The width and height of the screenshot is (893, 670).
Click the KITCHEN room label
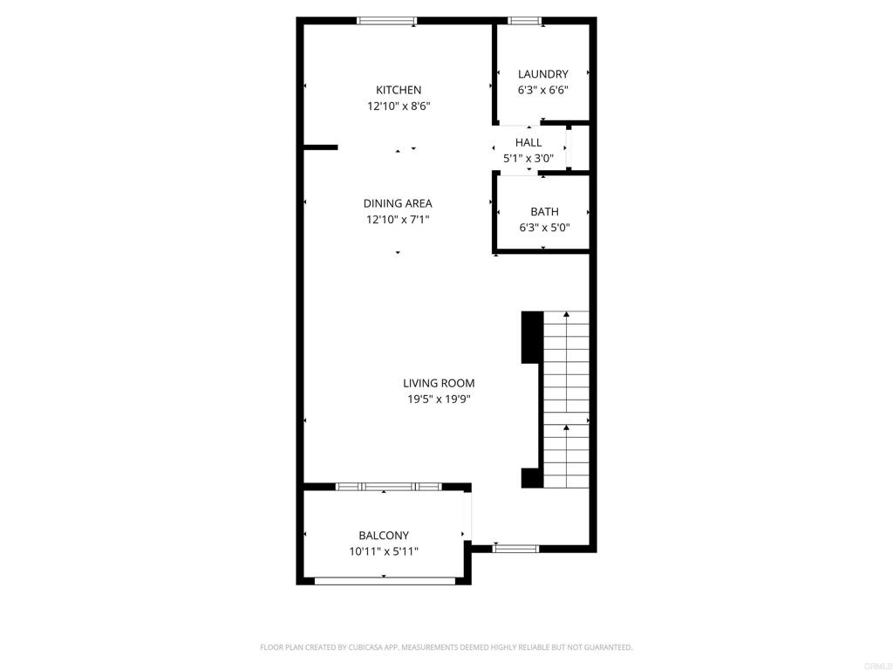399,90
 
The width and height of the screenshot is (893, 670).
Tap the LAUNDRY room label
542,74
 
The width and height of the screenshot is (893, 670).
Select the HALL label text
528,142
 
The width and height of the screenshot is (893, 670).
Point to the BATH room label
544,212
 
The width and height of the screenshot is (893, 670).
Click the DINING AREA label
398,203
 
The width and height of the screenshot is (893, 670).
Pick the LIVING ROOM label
439,384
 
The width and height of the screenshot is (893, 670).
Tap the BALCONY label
384,536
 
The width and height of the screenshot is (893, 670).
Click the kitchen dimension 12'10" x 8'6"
399,106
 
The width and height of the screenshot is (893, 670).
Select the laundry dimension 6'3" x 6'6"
542,90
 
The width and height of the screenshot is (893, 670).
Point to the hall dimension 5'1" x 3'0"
528,159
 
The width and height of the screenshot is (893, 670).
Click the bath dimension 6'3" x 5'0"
544,228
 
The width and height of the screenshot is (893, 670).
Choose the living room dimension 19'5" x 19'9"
439,400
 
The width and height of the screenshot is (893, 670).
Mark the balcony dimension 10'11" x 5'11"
384,551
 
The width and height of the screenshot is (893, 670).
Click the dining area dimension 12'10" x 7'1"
398,219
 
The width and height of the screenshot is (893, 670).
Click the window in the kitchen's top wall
386,21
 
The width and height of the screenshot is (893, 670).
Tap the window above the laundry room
524,21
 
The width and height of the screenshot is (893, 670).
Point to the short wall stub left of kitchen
321,147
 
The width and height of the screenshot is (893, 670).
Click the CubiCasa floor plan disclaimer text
446,647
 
